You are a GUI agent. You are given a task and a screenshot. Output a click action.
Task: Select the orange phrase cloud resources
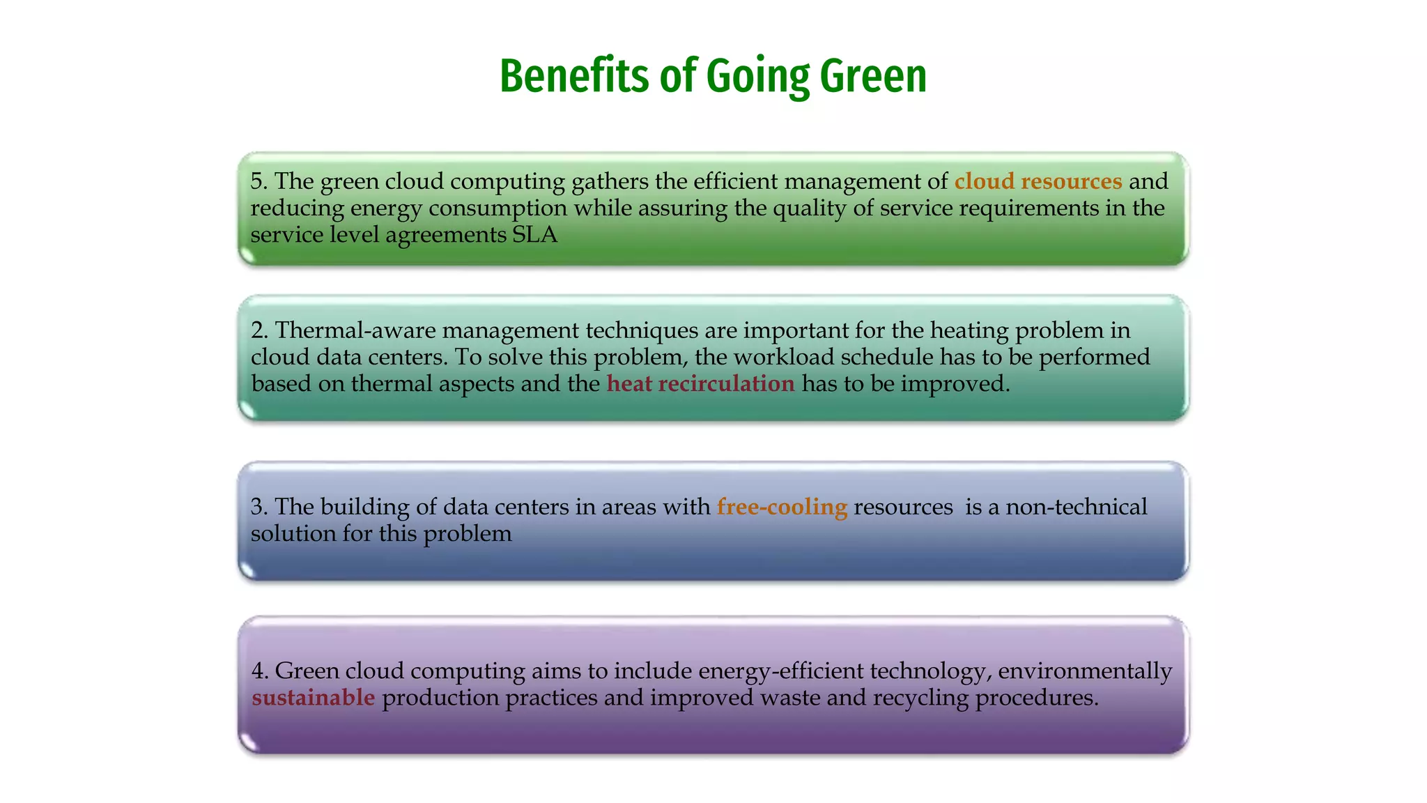(1038, 181)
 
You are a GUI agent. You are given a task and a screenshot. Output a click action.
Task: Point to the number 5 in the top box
(256, 181)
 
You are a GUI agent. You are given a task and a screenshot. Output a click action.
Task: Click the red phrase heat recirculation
(700, 383)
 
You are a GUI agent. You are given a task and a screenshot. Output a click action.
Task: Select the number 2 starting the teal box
(256, 330)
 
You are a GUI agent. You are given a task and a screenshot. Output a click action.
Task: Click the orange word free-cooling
(782, 507)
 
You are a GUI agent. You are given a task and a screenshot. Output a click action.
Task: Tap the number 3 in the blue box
(256, 507)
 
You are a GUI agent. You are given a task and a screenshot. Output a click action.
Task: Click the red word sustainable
(314, 697)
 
